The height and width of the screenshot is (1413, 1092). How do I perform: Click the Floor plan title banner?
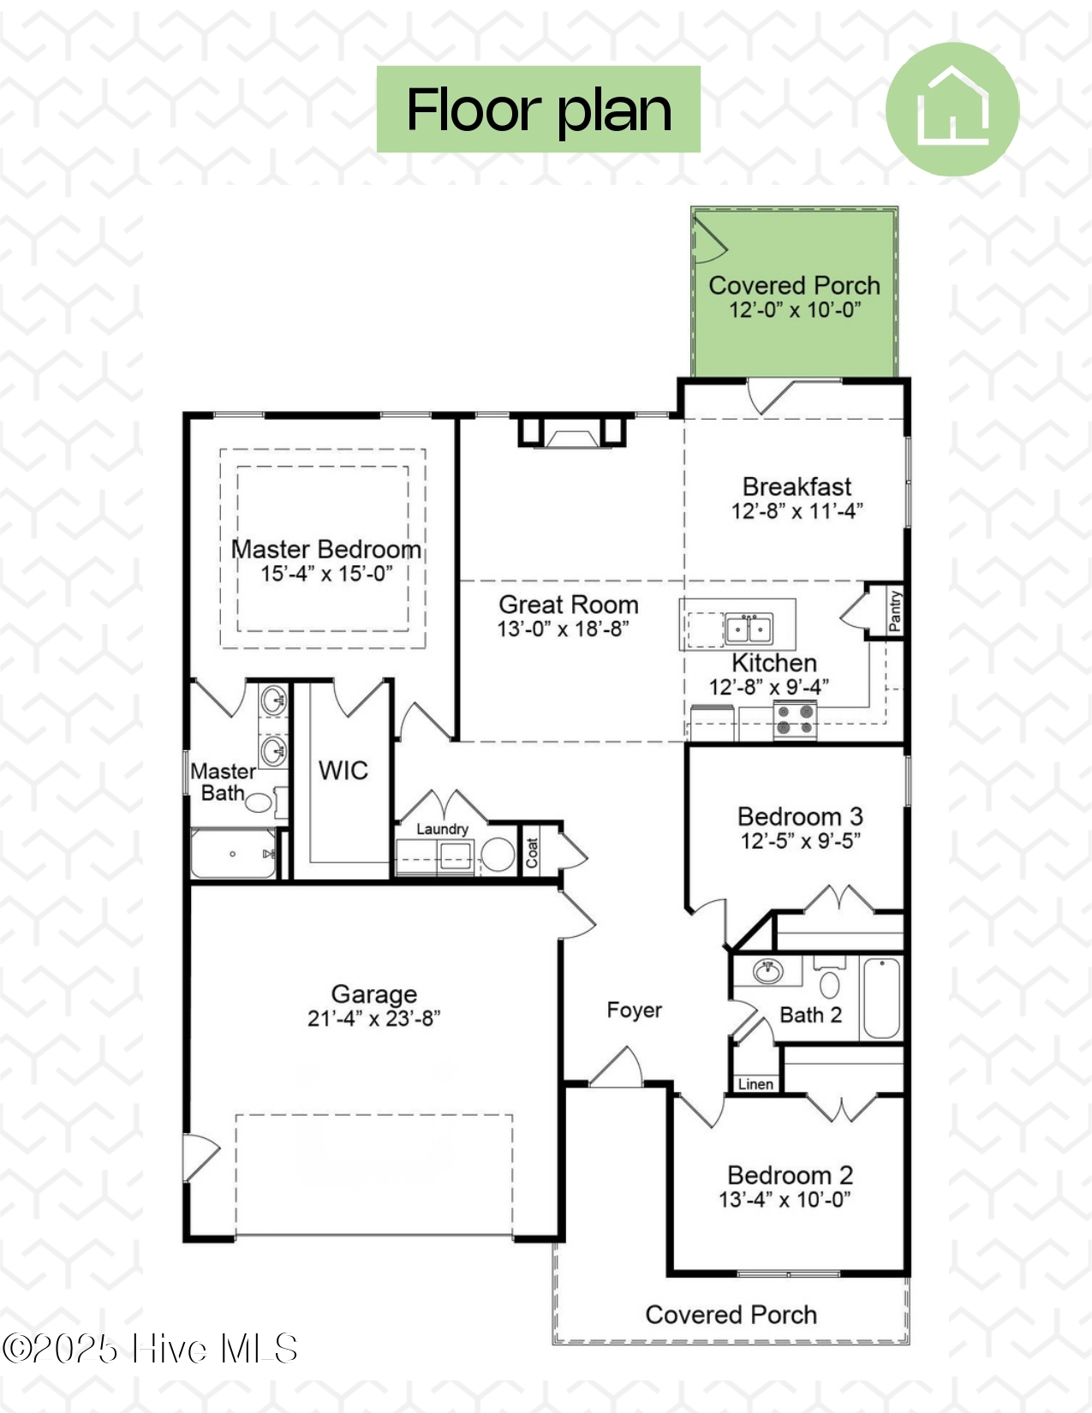[539, 110]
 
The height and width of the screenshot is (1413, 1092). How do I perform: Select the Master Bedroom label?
[325, 550]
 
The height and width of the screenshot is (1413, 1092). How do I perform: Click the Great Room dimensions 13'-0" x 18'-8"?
[564, 629]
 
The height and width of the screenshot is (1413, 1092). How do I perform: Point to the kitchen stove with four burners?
[795, 720]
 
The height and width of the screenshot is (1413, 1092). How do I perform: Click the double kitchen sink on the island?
[749, 629]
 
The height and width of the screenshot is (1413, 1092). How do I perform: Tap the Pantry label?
[895, 611]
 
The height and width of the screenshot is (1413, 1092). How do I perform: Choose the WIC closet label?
[343, 771]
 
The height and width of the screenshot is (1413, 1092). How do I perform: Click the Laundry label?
[442, 829]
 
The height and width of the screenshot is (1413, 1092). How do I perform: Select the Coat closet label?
[532, 853]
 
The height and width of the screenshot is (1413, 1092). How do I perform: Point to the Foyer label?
[634, 1010]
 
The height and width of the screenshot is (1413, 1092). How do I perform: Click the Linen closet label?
[755, 1084]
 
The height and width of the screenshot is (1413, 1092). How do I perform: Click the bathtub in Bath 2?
[882, 999]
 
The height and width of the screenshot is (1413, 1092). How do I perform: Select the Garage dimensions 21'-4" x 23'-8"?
[374, 1018]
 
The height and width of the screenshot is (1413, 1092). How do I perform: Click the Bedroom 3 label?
[800, 816]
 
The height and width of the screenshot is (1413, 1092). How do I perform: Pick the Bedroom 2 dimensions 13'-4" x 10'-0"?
[785, 1199]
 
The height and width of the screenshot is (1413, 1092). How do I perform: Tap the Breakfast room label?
[797, 486]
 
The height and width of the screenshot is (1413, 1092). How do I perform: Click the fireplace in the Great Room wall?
[571, 432]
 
